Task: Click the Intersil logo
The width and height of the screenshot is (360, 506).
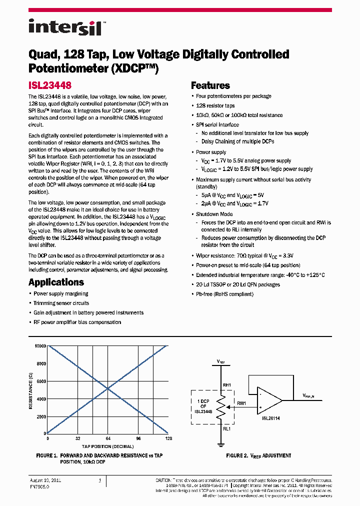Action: (64, 27)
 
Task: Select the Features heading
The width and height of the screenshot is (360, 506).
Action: (210, 85)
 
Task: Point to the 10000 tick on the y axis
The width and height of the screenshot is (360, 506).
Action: (40, 346)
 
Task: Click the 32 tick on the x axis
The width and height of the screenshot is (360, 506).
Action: (78, 438)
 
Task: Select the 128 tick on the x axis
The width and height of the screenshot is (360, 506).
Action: (168, 438)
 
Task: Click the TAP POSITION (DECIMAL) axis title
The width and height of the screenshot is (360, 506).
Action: (108, 446)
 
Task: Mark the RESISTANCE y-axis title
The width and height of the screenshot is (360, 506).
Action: (31, 389)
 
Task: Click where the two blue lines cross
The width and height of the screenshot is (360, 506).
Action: (108, 389)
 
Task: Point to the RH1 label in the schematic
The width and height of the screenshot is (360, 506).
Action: (226, 385)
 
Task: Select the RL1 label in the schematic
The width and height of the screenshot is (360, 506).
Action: (226, 428)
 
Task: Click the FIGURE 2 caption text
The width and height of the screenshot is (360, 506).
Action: (258, 456)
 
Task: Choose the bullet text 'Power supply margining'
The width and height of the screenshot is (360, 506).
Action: (60, 294)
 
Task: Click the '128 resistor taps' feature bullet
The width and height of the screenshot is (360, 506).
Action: (215, 105)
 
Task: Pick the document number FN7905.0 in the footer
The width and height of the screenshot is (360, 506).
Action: (40, 485)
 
